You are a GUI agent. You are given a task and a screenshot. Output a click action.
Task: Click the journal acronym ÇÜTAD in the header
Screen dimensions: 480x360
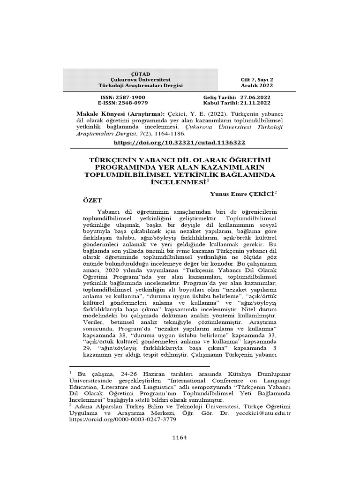click(x=141, y=74)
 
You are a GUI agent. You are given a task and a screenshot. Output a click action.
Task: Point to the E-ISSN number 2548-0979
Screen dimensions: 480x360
click(x=129, y=102)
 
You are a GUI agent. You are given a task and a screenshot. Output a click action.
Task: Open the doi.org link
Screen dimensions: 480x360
click(x=180, y=142)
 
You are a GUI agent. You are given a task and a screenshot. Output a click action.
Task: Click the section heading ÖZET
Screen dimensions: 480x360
click(x=92, y=200)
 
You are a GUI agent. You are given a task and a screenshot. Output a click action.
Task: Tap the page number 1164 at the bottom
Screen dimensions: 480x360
click(x=180, y=437)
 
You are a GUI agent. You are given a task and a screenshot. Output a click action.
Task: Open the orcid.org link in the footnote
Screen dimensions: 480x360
click(x=123, y=420)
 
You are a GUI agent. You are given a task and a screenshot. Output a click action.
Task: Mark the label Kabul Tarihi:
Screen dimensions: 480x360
click(x=219, y=102)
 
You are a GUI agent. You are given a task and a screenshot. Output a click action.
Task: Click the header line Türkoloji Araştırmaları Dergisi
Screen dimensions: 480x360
click(x=141, y=86)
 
